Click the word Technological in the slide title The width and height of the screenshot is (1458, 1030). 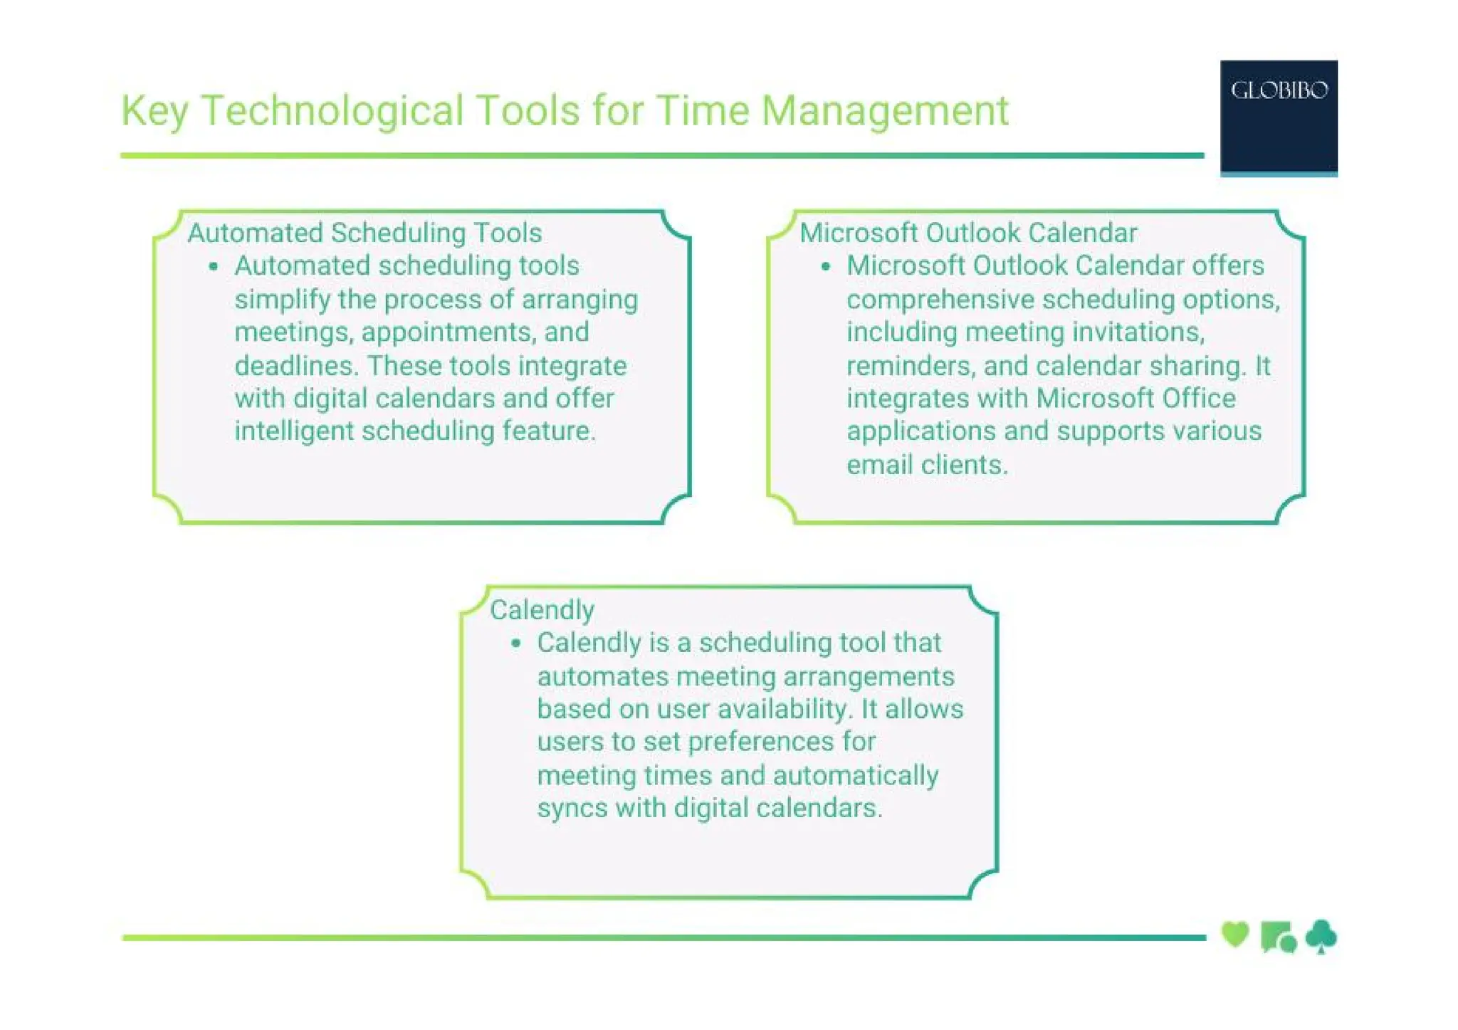[x=332, y=111]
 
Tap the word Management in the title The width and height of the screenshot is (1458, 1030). [x=884, y=111]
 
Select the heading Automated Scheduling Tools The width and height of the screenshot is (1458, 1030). [x=364, y=233]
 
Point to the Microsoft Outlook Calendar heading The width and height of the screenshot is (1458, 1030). [x=968, y=233]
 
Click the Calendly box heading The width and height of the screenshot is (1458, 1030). [x=542, y=610]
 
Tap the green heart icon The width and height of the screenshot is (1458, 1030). [x=1235, y=934]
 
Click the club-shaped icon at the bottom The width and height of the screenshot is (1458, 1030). [x=1321, y=936]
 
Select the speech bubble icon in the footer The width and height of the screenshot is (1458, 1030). [x=1278, y=937]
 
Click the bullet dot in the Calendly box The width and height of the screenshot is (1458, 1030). [x=516, y=643]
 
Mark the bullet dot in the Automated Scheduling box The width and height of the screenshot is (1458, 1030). [x=213, y=267]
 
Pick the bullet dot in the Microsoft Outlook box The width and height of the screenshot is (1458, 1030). [x=826, y=267]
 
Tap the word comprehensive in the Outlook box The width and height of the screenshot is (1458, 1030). [x=940, y=300]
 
